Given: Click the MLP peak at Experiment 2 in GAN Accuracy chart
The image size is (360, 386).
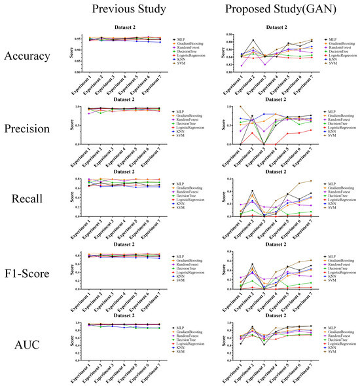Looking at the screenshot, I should tap(253, 40).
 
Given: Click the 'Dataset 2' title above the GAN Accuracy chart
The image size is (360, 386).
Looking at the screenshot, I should tap(276, 27).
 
